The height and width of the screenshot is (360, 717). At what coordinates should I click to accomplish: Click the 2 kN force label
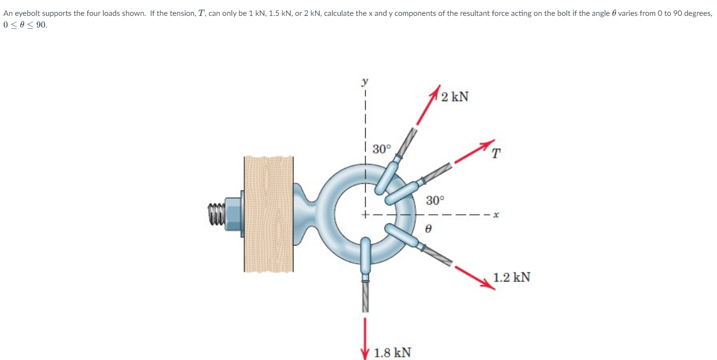(454, 97)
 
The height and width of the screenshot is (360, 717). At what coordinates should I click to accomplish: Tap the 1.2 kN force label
(512, 277)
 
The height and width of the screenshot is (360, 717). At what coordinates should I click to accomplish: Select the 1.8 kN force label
(393, 352)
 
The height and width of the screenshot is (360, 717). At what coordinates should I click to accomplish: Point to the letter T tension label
(496, 154)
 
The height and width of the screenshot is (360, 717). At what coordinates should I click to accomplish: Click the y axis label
(365, 82)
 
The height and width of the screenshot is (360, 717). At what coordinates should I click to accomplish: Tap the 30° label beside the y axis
(382, 149)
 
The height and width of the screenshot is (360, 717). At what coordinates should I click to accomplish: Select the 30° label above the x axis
(436, 200)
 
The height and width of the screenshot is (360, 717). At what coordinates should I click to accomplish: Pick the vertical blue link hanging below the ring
(366, 255)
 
